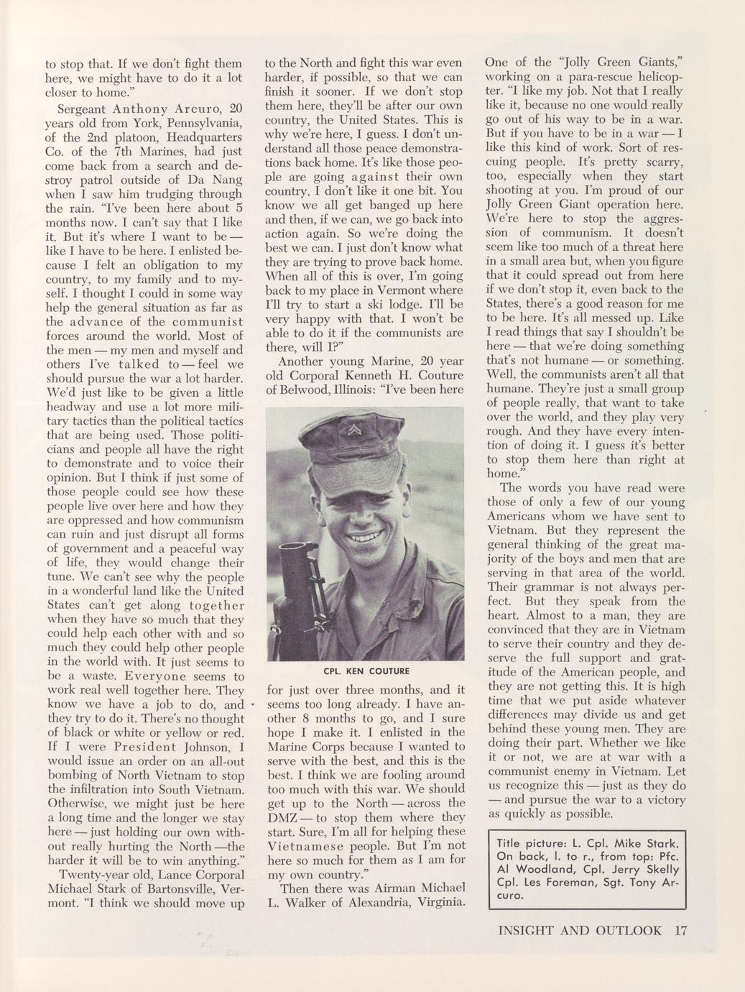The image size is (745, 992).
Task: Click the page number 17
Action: coord(680,930)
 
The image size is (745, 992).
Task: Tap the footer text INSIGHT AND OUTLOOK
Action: coord(579,930)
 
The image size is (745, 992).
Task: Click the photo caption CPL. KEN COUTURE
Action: coord(366,671)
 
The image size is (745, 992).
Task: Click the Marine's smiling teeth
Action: coord(366,536)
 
